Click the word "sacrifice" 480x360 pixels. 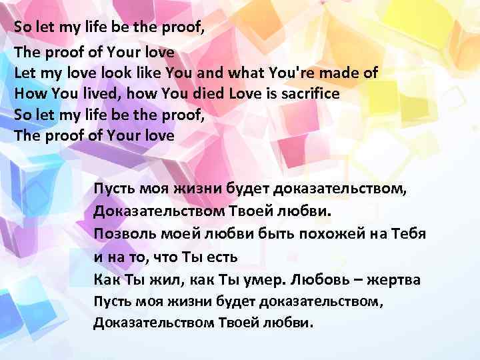[x=309, y=93]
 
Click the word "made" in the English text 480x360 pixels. [x=345, y=72]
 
